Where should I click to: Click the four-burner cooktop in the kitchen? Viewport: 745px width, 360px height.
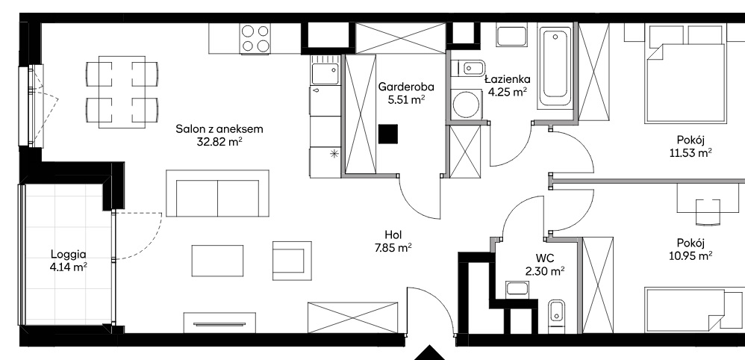(x=256, y=38)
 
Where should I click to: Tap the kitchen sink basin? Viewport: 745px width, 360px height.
(x=325, y=74)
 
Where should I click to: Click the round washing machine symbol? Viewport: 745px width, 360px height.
(x=464, y=103)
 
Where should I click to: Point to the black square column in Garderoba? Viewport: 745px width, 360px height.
(x=387, y=134)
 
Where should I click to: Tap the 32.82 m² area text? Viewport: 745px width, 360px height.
(x=219, y=142)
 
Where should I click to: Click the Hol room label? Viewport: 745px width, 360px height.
(x=394, y=235)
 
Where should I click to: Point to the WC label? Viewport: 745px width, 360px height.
(x=543, y=259)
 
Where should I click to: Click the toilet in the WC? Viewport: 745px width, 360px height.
(x=556, y=316)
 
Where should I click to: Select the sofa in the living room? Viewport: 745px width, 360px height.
(x=218, y=193)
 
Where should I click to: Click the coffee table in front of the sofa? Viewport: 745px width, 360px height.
(x=218, y=261)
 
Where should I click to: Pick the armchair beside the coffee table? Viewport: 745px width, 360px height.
(x=292, y=261)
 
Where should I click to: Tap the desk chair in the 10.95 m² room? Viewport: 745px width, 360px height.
(x=708, y=211)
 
